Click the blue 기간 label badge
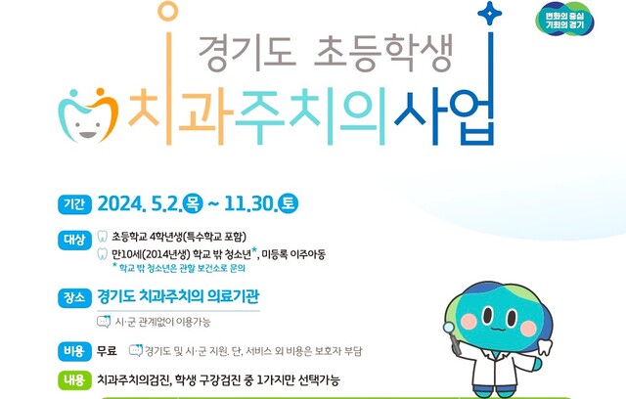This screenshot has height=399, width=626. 74,204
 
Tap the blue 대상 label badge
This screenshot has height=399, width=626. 74,240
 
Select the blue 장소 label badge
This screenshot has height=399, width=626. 74,298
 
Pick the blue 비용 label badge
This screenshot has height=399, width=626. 74,351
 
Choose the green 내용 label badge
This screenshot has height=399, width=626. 74,379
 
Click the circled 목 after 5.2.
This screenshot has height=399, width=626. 193,203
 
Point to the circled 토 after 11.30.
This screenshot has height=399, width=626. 289,203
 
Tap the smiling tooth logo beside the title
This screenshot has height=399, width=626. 89,115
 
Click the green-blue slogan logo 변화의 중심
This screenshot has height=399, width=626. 564,21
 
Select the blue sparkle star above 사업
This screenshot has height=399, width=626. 489,13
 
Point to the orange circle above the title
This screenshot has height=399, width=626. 167,11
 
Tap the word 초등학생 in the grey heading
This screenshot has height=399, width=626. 383,53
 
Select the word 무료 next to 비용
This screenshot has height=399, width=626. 107,351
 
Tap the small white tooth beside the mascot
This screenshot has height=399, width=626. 544,347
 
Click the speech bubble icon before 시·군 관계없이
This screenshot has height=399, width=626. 104,321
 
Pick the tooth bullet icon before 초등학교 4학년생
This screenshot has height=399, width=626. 103,237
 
